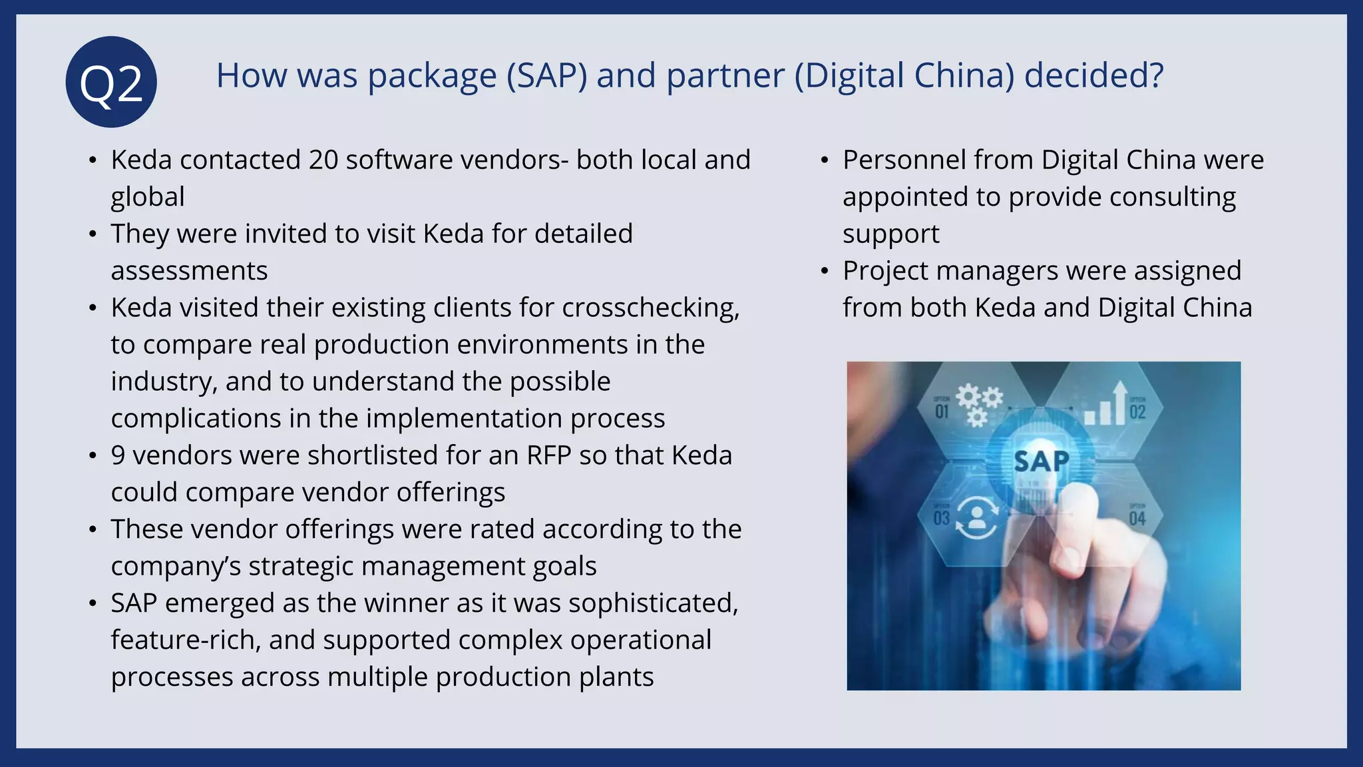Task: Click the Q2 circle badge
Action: [111, 82]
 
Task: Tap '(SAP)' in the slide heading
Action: [546, 76]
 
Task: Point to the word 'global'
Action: [148, 198]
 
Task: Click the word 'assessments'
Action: [189, 271]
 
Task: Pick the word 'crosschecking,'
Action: [650, 308]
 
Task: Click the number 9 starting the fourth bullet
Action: [118, 455]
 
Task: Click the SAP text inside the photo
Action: [1042, 461]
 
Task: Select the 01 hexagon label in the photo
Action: [942, 411]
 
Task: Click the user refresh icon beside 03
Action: [976, 518]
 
